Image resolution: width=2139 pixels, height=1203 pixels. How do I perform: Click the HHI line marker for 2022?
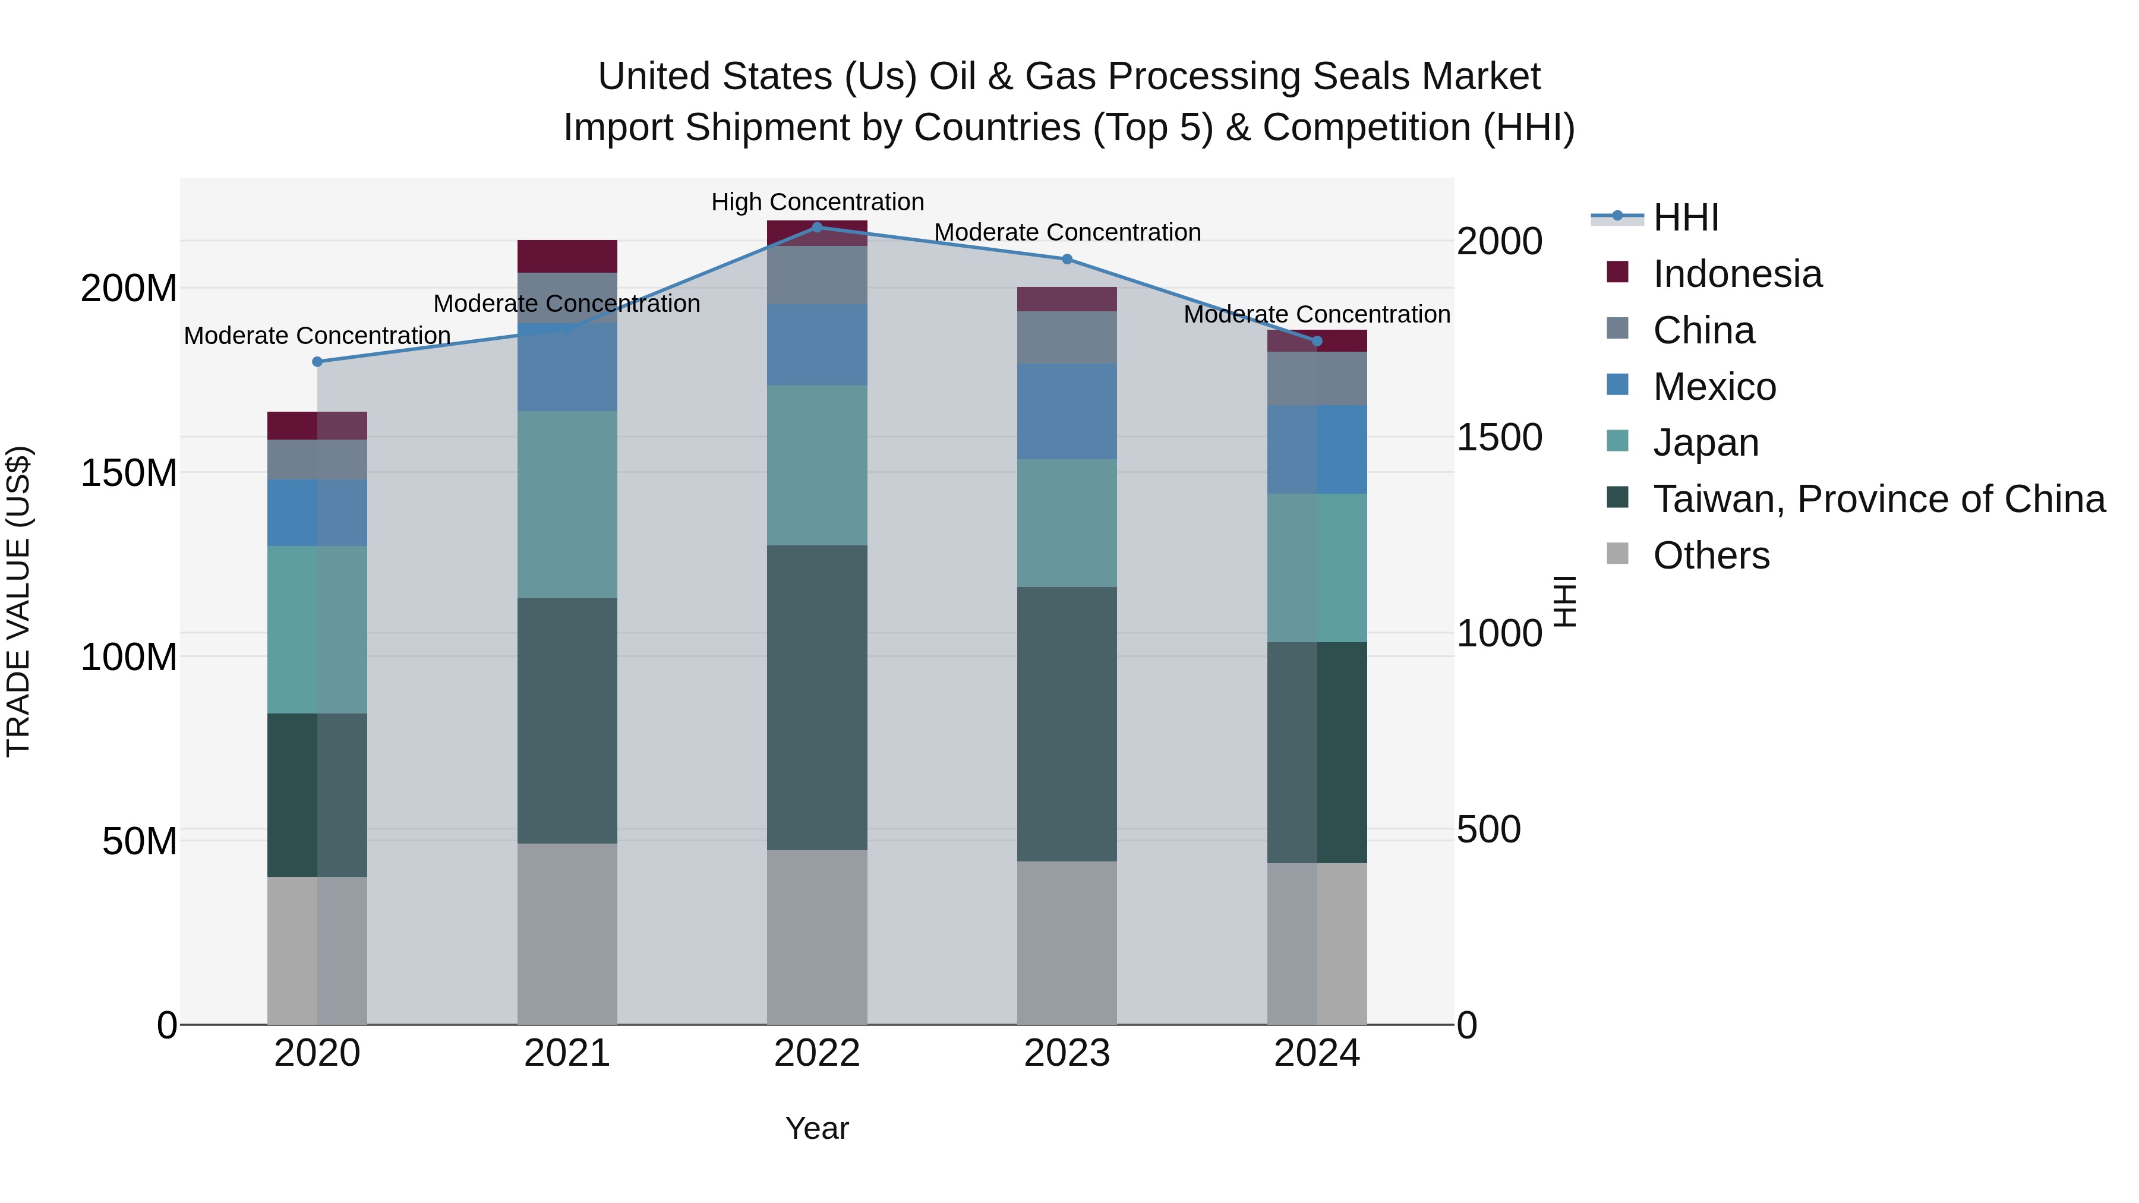pos(817,227)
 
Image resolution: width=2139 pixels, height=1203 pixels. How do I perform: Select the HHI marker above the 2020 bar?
pos(317,361)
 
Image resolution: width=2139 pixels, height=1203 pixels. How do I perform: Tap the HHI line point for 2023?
pos(1067,259)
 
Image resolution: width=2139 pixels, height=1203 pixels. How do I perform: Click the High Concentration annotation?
pos(817,202)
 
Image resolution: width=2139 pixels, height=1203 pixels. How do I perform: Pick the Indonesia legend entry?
pos(1737,274)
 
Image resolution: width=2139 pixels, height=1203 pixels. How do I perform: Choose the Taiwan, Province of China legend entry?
pos(1878,499)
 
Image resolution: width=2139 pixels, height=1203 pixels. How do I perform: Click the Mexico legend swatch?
pos(1617,385)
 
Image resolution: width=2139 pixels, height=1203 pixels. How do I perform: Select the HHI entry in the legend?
pos(1686,217)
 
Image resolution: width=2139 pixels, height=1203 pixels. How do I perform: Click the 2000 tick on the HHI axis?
pos(1500,242)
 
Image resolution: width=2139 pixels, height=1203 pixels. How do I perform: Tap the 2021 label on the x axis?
pos(567,1053)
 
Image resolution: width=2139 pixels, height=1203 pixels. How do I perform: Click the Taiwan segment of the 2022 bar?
pos(817,697)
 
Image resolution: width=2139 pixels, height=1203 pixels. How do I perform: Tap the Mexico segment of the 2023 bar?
pos(1067,411)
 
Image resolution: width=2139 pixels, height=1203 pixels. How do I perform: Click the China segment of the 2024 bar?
pos(1317,378)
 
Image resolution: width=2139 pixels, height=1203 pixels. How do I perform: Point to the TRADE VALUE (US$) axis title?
pos(18,601)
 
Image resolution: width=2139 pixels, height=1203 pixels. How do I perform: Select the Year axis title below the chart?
pos(817,1128)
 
